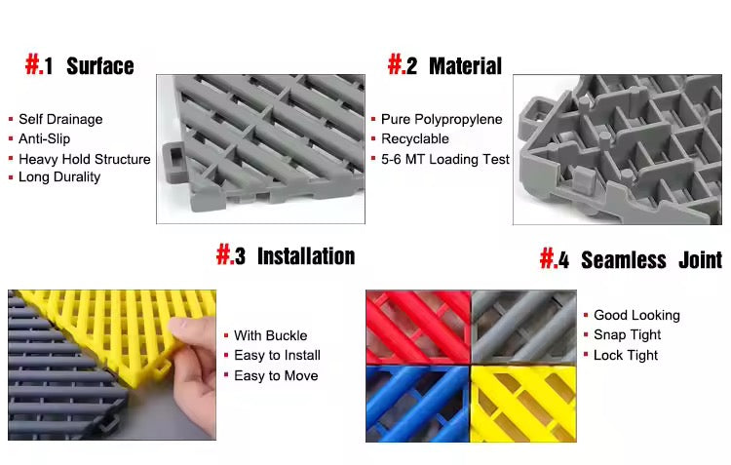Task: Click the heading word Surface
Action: (99, 66)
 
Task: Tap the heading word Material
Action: (465, 66)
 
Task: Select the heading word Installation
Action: (305, 256)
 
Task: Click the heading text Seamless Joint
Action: (651, 260)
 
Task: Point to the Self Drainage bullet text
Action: (60, 119)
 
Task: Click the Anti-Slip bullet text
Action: (45, 138)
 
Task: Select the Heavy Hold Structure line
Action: (85, 159)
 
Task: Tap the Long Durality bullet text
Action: (59, 176)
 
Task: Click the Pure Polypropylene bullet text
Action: (442, 119)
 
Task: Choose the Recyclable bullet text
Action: (415, 139)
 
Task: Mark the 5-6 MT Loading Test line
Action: (445, 159)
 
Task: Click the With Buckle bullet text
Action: (269, 335)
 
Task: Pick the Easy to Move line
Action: (276, 375)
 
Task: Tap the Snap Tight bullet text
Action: (627, 334)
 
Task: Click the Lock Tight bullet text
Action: (626, 355)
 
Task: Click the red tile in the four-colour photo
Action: (417, 326)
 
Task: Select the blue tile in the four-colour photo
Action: (417, 403)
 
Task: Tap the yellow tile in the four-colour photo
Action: (523, 403)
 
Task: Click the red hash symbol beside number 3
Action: (225, 255)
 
